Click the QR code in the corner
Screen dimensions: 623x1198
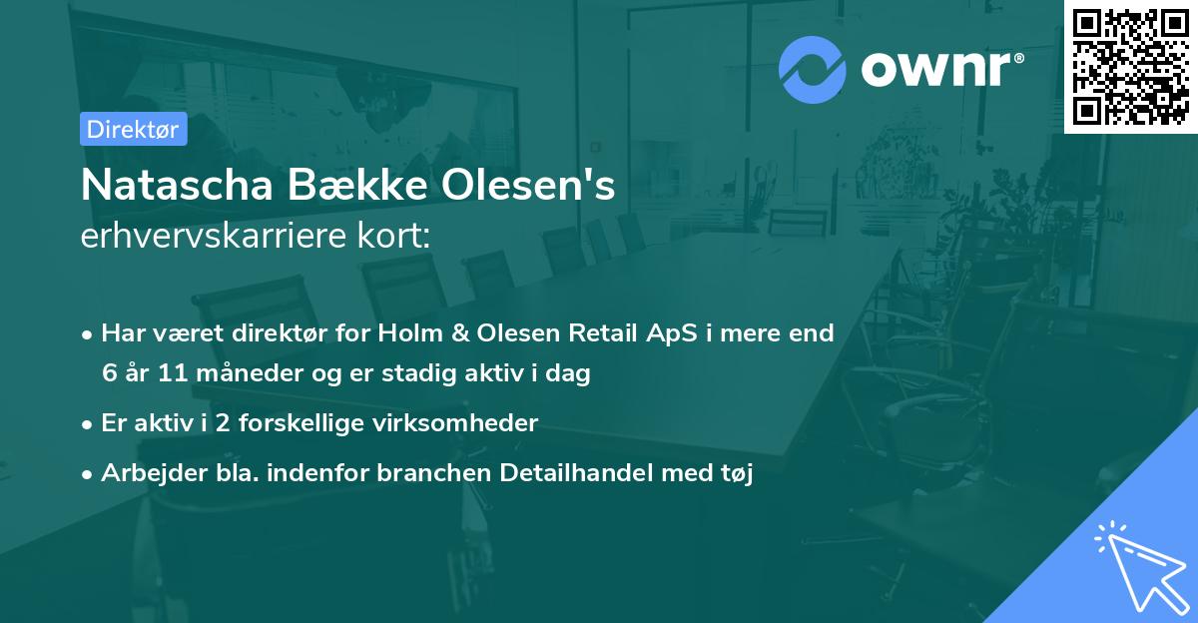click(x=1131, y=67)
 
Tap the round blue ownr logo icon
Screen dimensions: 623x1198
click(x=813, y=69)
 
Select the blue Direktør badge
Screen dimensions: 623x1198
click(x=133, y=129)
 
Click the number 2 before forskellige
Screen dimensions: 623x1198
click(x=223, y=423)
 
